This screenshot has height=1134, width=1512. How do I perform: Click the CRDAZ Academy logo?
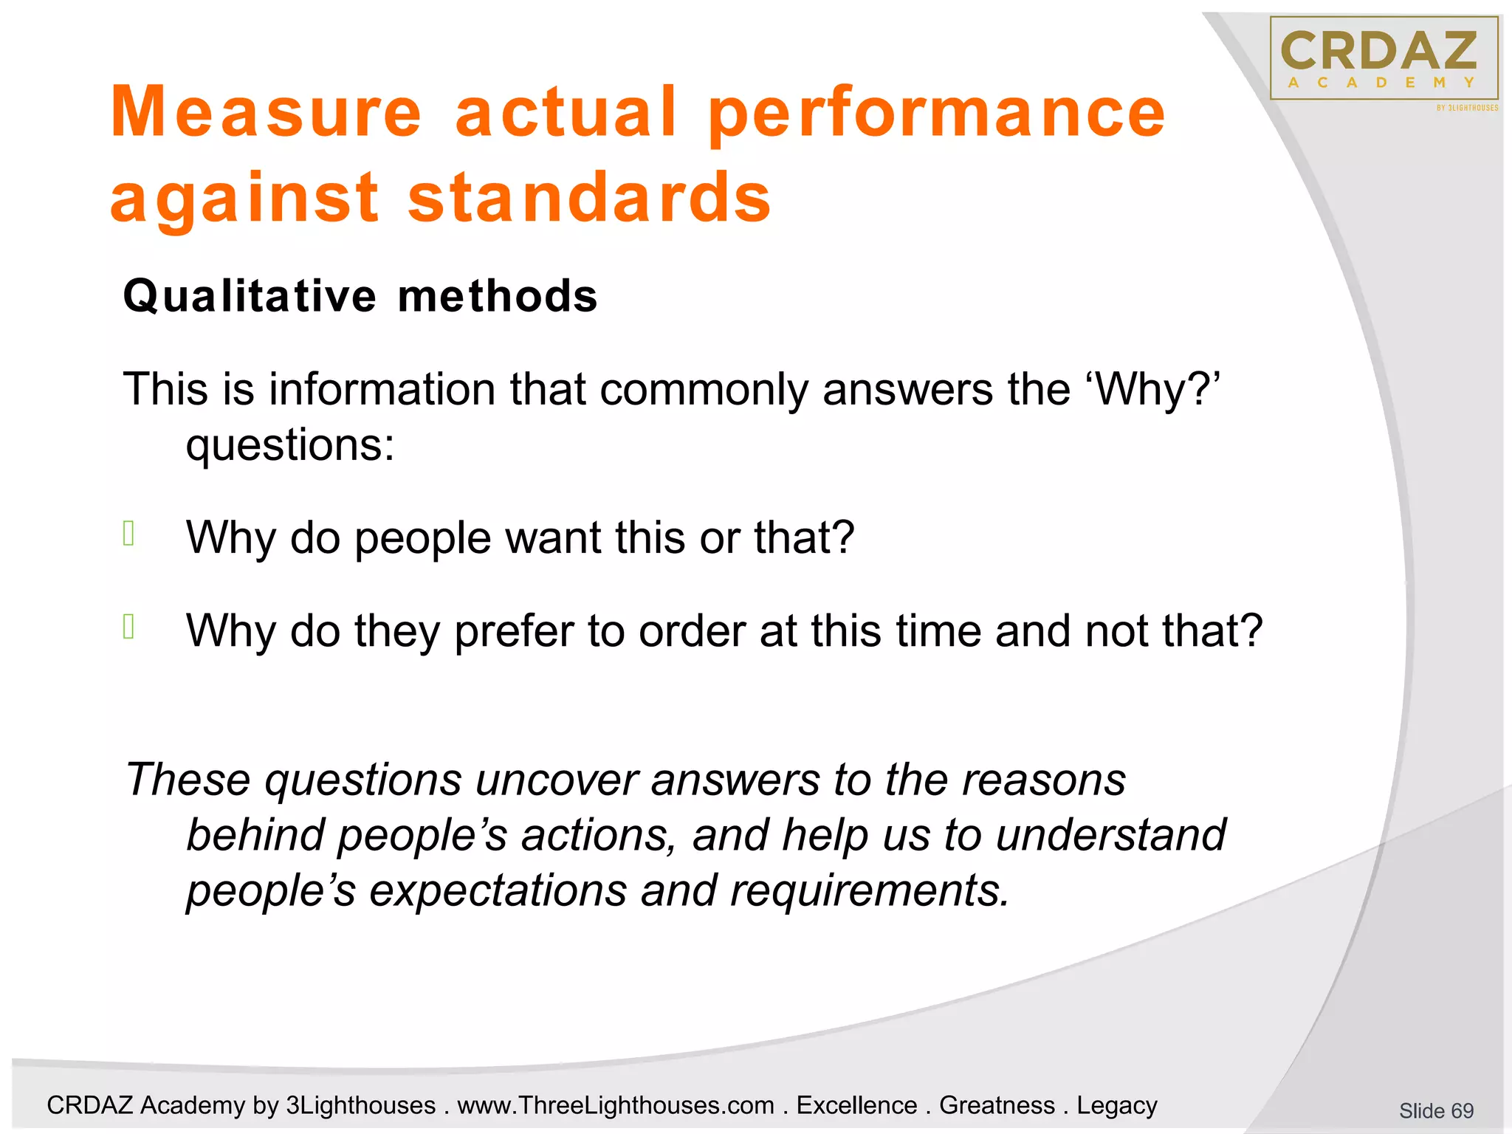pos(1384,59)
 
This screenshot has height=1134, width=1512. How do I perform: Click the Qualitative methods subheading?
pos(360,296)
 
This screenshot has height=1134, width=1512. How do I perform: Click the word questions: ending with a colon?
pos(290,445)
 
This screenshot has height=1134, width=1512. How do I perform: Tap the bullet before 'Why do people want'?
pos(129,533)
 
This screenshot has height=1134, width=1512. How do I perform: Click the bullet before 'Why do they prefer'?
pos(129,626)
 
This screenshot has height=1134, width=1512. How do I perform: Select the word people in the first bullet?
pos(422,538)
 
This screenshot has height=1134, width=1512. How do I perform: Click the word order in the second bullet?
pos(692,631)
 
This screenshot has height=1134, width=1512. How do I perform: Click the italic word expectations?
pos(498,890)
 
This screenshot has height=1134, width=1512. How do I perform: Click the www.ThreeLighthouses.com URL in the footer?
pos(616,1105)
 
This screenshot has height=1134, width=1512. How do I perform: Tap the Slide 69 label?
pos(1436,1110)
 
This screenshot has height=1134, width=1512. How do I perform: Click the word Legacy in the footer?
pos(1116,1105)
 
